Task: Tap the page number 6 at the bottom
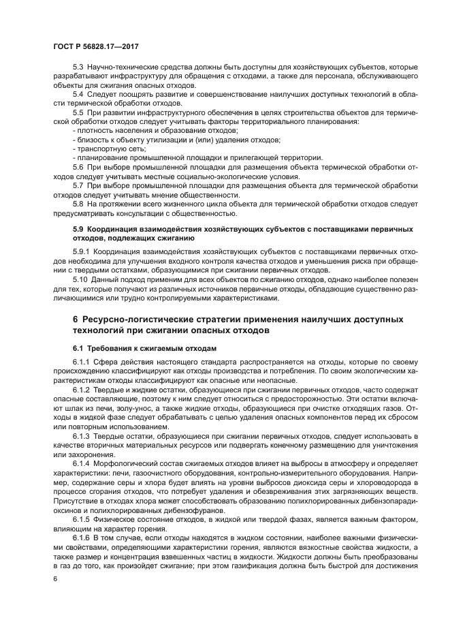[x=56, y=578]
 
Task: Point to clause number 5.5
[x=78, y=110]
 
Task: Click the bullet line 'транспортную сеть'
[x=104, y=148]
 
